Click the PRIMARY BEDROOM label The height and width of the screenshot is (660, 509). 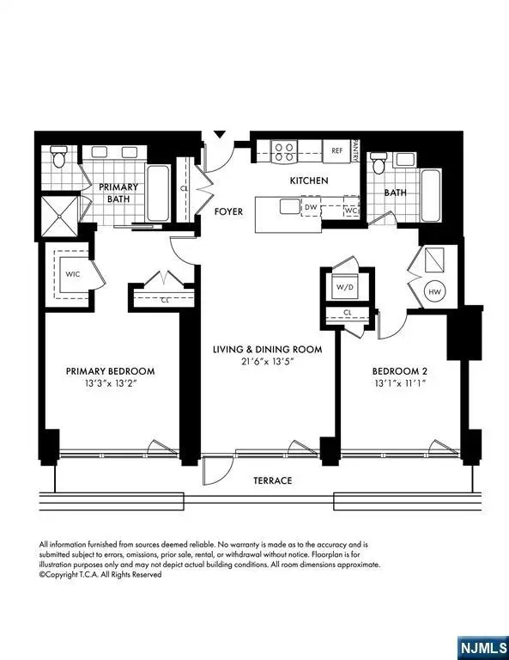pos(111,371)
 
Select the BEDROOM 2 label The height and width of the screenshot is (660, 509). pos(399,371)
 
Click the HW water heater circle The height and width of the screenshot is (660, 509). pos(435,291)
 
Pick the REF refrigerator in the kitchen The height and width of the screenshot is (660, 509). pos(337,150)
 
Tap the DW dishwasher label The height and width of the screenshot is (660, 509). pos(311,207)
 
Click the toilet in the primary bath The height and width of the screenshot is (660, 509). pos(58,156)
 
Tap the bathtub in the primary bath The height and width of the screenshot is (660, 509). pos(158,193)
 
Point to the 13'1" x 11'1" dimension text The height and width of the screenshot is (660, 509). pos(399,384)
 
